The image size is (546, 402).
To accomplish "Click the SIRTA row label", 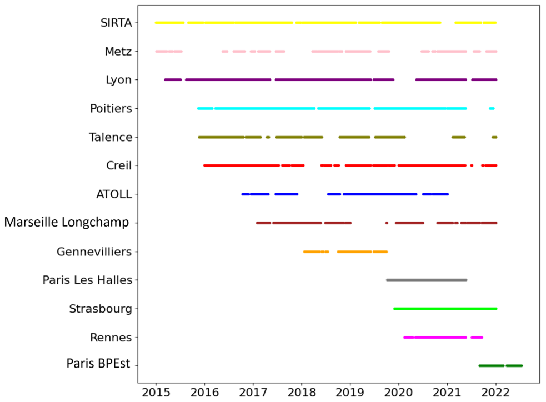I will pyautogui.click(x=116, y=23).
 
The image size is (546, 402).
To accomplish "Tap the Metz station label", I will pyautogui.click(x=118, y=52).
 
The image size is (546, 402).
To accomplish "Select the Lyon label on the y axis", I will pyautogui.click(x=119, y=80).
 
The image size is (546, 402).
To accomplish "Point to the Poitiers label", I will pyautogui.click(x=111, y=109).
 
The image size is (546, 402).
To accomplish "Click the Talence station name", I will pyautogui.click(x=111, y=137).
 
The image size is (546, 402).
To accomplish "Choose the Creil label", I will pyautogui.click(x=119, y=165).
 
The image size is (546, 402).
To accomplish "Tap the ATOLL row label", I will pyautogui.click(x=114, y=194).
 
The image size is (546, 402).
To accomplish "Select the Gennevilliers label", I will pyautogui.click(x=94, y=252).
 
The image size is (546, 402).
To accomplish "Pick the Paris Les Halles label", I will pyautogui.click(x=87, y=280).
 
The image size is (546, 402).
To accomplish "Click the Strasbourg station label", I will pyautogui.click(x=101, y=309).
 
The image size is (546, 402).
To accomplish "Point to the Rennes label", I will pyautogui.click(x=111, y=338).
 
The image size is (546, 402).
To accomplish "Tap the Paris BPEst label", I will pyautogui.click(x=98, y=365).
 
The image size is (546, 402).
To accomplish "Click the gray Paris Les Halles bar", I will pyautogui.click(x=427, y=280).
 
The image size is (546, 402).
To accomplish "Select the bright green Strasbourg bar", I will pyautogui.click(x=445, y=308).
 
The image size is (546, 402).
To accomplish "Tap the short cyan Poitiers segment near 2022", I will pyautogui.click(x=492, y=108).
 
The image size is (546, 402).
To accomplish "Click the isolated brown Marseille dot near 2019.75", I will pyautogui.click(x=387, y=223).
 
